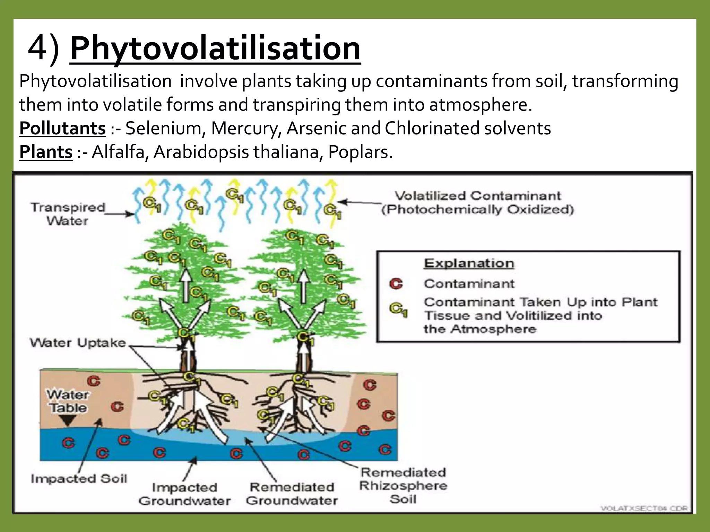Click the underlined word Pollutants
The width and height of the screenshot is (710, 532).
tap(62, 128)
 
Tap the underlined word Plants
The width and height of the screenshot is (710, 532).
tap(46, 152)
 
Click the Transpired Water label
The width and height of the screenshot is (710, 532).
tap(68, 214)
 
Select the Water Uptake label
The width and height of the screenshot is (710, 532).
tap(78, 343)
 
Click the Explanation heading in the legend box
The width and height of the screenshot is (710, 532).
tap(469, 263)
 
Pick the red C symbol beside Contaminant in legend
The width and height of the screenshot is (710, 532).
tap(396, 284)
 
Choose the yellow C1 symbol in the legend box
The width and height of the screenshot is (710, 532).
tap(398, 309)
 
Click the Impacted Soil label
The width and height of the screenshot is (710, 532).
tap(79, 479)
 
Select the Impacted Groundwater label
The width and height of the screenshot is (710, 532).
tap(184, 494)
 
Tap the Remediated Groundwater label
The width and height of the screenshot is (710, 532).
tap(292, 494)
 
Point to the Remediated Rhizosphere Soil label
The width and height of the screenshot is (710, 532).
tap(403, 486)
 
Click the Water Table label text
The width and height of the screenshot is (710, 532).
tap(68, 401)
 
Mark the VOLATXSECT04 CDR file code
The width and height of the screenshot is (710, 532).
tap(644, 508)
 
